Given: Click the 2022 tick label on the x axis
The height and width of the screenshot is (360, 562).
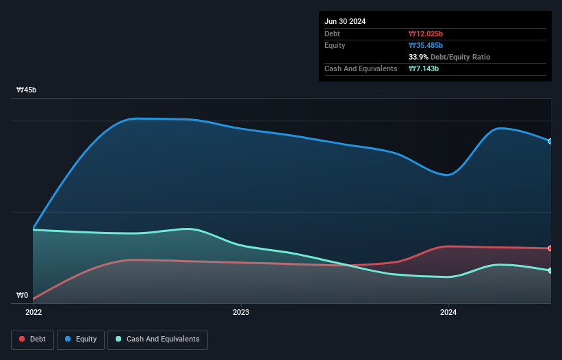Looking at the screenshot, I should point(34,312).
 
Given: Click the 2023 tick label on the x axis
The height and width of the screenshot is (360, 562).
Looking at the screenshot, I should point(241,312).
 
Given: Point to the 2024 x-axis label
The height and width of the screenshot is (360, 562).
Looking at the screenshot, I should point(448,312).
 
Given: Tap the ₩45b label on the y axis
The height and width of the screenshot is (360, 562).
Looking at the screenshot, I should point(26,90).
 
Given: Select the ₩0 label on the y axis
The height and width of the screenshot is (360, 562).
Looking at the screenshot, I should point(23,296).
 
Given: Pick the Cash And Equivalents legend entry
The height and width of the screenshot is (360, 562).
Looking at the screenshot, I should point(157,339).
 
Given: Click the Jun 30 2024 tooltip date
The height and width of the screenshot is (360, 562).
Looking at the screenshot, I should point(345,21).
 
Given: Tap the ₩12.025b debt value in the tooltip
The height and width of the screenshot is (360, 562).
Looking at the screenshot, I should point(426,34).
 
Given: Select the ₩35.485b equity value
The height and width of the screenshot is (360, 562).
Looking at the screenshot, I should point(426,45).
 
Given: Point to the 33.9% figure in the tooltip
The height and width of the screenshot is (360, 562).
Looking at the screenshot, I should point(418,57).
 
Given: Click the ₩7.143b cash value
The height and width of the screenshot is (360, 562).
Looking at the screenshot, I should point(424,68).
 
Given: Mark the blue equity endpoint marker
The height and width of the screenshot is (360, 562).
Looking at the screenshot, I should point(550,142).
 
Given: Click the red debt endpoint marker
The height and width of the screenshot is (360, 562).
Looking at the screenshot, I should point(550,248).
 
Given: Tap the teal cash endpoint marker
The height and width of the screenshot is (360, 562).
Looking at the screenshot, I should point(550,271).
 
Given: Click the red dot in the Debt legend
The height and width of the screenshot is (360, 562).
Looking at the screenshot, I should point(23,339).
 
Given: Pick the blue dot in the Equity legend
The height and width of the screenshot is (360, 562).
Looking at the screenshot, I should point(69,339).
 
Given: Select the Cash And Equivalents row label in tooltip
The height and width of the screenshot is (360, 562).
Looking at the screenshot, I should point(361,68).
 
